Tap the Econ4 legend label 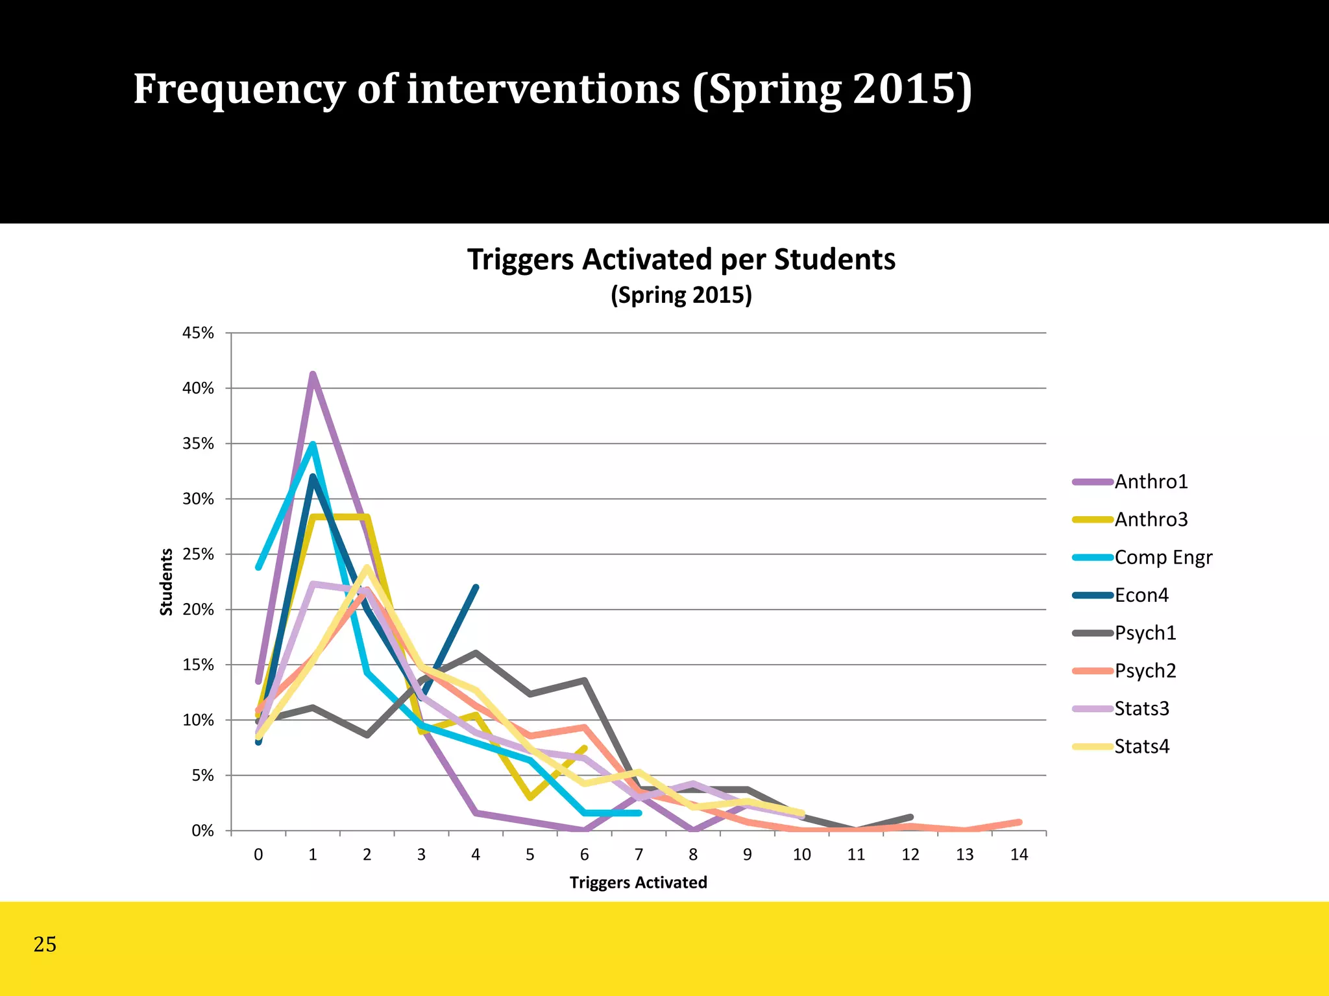pyautogui.click(x=1141, y=595)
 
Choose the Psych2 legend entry pyautogui.click(x=1145, y=670)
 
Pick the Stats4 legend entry pyautogui.click(x=1141, y=746)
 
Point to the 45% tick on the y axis pyautogui.click(x=198, y=333)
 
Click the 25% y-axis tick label pyautogui.click(x=198, y=554)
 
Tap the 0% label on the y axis pyautogui.click(x=202, y=831)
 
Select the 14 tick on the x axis pyautogui.click(x=1019, y=855)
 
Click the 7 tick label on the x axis pyautogui.click(x=639, y=855)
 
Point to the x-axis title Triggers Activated pyautogui.click(x=638, y=883)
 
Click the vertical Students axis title pyautogui.click(x=167, y=582)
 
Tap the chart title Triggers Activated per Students pyautogui.click(x=681, y=259)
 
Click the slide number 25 pyautogui.click(x=45, y=944)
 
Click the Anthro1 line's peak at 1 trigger pyautogui.click(x=313, y=374)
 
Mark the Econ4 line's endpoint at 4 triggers pyautogui.click(x=476, y=587)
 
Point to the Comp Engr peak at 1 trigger pyautogui.click(x=313, y=445)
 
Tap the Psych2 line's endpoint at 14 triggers pyautogui.click(x=1019, y=822)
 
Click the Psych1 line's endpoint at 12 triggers pyautogui.click(x=910, y=817)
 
